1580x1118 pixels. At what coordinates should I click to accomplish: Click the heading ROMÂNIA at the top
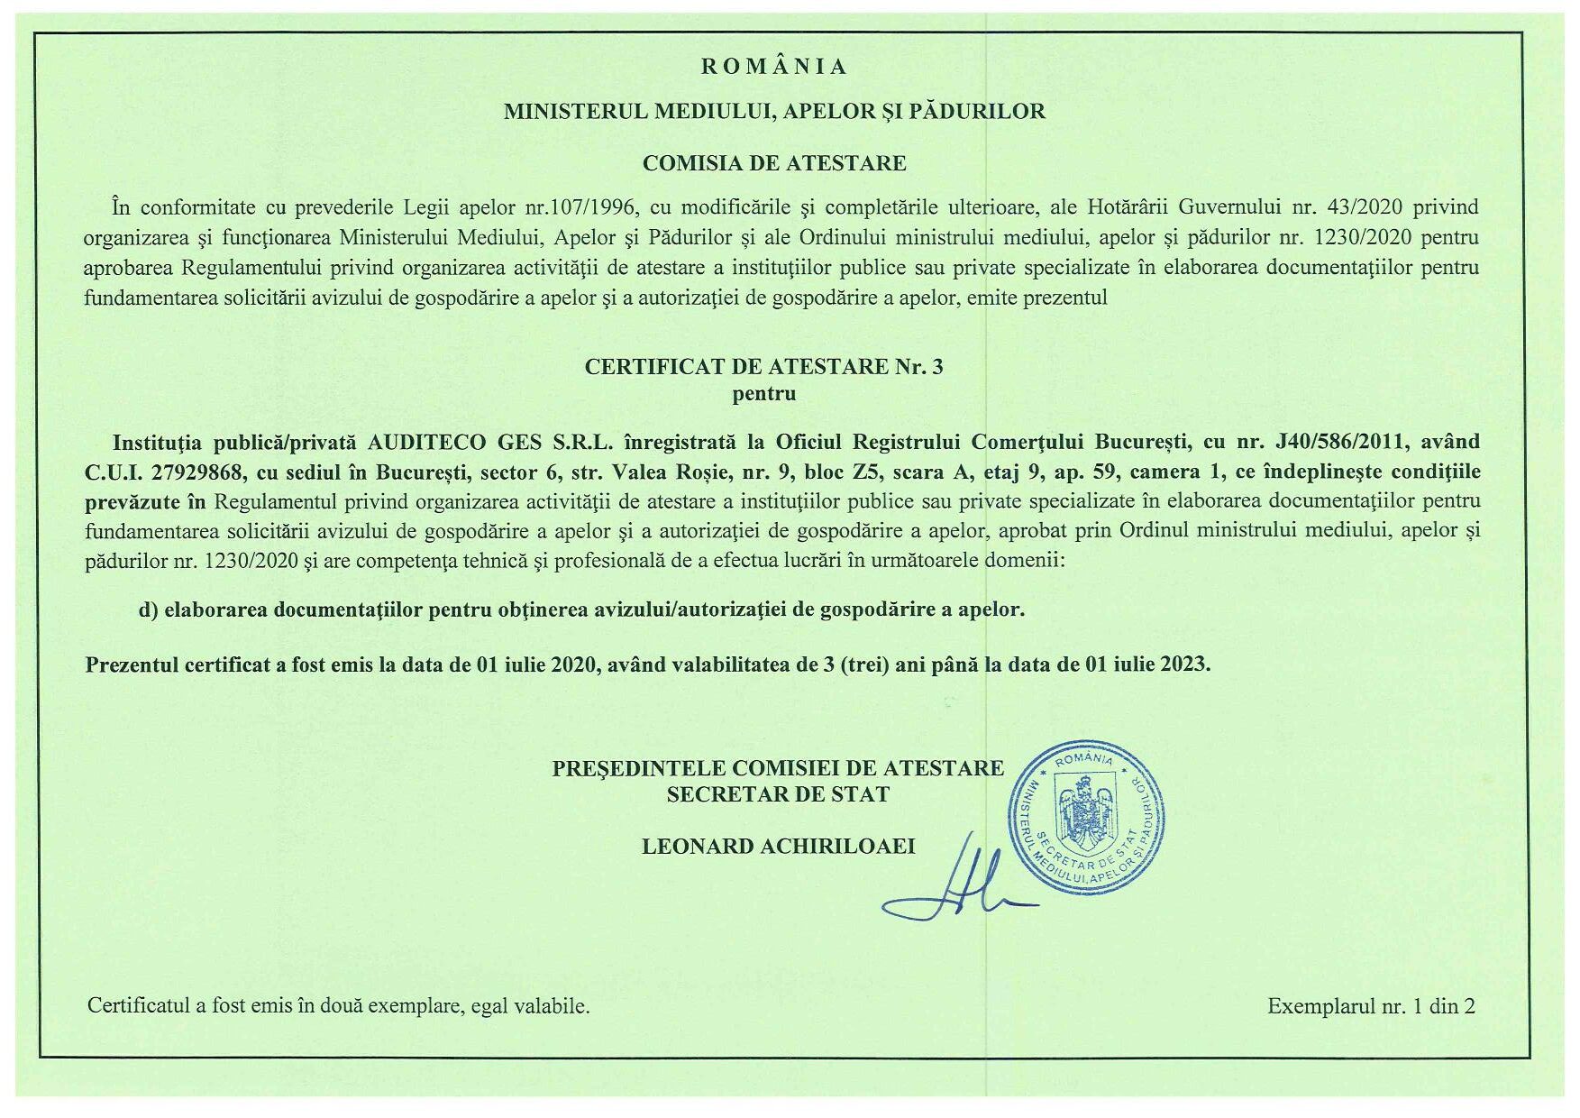click(x=773, y=67)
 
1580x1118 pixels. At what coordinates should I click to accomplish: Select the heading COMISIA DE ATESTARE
click(x=774, y=163)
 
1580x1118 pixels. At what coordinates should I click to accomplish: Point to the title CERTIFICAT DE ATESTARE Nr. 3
click(x=764, y=367)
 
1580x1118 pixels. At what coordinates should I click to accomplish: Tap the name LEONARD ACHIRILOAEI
click(x=779, y=846)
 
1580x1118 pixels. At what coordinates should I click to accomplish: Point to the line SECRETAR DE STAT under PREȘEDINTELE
click(x=778, y=794)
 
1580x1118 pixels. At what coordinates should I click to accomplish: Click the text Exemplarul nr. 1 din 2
click(x=1371, y=1006)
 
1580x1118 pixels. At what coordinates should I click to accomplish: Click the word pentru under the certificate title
click(x=764, y=393)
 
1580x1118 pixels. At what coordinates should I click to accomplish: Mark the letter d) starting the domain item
click(x=149, y=609)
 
